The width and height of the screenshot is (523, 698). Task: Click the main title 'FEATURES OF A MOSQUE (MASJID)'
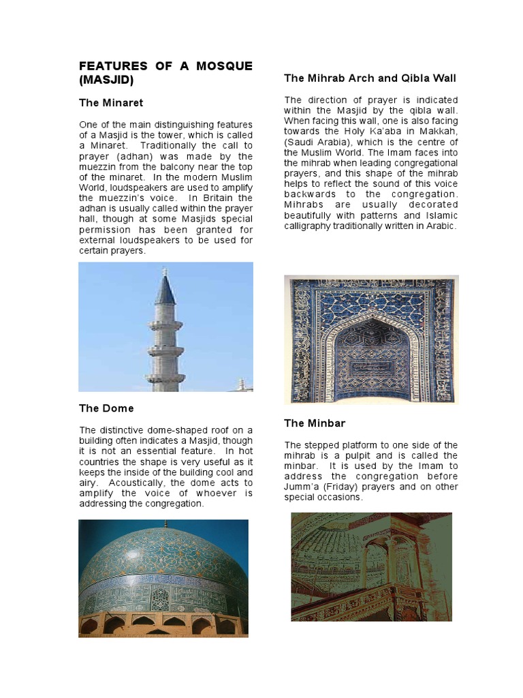(165, 73)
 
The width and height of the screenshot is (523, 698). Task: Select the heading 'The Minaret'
(111, 103)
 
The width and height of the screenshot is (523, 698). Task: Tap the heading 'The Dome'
(106, 408)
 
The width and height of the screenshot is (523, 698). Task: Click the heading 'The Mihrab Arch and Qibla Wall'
(370, 78)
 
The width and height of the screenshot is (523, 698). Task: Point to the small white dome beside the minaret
(240, 384)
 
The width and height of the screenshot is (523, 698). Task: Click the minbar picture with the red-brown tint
(371, 566)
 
